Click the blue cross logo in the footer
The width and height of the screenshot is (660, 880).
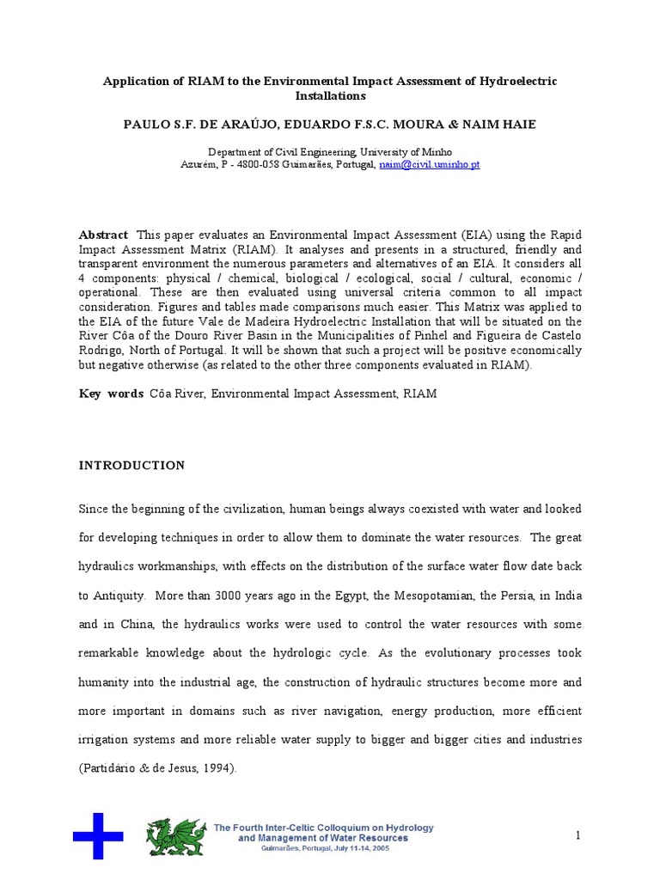click(97, 835)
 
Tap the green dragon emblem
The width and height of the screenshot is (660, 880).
click(176, 836)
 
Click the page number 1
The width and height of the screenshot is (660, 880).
click(578, 835)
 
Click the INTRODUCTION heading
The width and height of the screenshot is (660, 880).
click(131, 465)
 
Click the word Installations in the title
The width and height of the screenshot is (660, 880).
click(330, 96)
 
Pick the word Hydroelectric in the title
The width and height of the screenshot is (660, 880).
click(516, 82)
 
